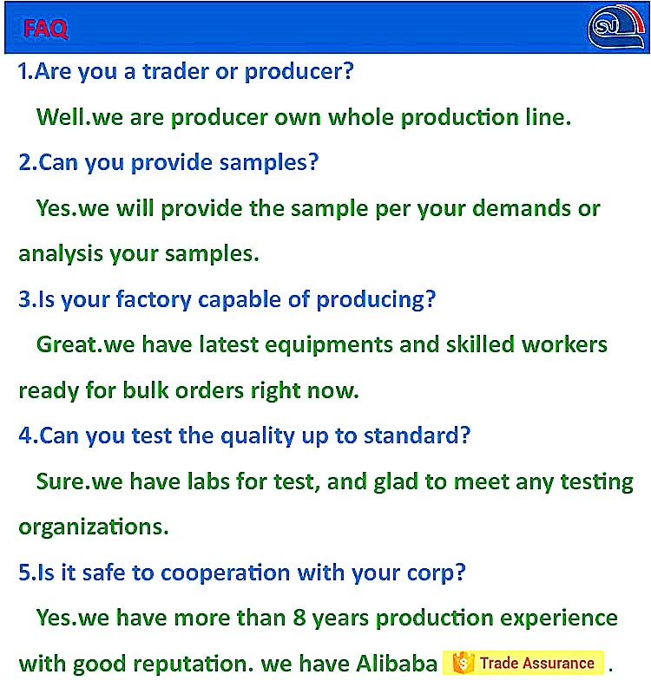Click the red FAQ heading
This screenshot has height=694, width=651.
click(x=46, y=29)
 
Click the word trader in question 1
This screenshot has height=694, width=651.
click(x=175, y=71)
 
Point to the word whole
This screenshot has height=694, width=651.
click(x=360, y=117)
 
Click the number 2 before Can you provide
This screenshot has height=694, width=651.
click(x=25, y=162)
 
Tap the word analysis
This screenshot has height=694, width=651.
click(x=61, y=254)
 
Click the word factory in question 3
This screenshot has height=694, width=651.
click(x=154, y=299)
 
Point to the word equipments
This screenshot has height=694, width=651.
click(x=329, y=345)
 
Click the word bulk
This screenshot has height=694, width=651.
click(x=146, y=390)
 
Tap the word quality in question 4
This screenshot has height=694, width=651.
click(x=257, y=436)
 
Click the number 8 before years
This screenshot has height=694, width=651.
click(x=299, y=619)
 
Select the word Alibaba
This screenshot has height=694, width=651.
click(x=397, y=664)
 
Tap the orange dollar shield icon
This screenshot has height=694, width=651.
click(x=463, y=663)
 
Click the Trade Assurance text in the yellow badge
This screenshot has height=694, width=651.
click(x=536, y=664)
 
